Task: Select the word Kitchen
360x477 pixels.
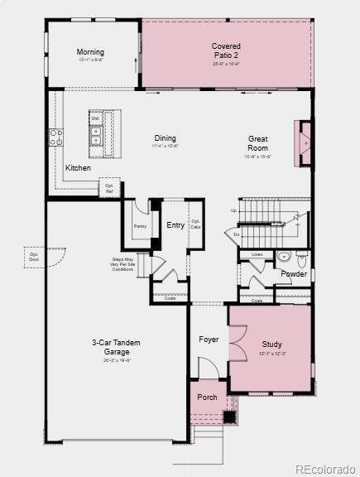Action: [79, 168]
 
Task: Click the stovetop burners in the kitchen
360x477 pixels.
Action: [56, 137]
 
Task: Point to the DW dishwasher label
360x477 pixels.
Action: [96, 118]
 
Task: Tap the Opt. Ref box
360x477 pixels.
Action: [109, 187]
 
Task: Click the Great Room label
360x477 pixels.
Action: [258, 143]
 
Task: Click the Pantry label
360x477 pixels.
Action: [140, 225]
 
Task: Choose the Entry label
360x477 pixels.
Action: [175, 225]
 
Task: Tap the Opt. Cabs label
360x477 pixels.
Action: [196, 224]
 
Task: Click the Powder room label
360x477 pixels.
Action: [293, 274]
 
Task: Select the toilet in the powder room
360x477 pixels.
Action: [283, 257]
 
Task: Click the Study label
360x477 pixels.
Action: [272, 344]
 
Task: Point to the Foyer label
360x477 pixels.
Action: [209, 340]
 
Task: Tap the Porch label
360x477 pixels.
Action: [207, 397]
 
